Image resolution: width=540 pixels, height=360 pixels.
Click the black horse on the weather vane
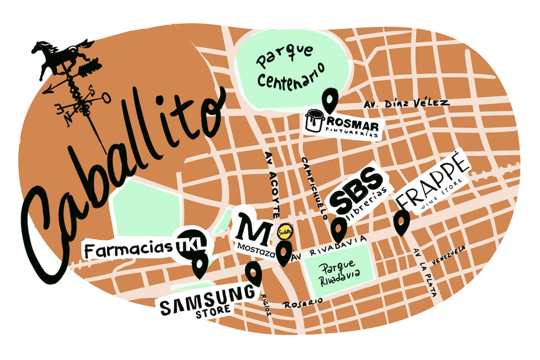[63, 55]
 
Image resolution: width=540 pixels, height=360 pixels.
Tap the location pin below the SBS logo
[338, 229]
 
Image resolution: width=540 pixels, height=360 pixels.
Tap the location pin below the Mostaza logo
[284, 253]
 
